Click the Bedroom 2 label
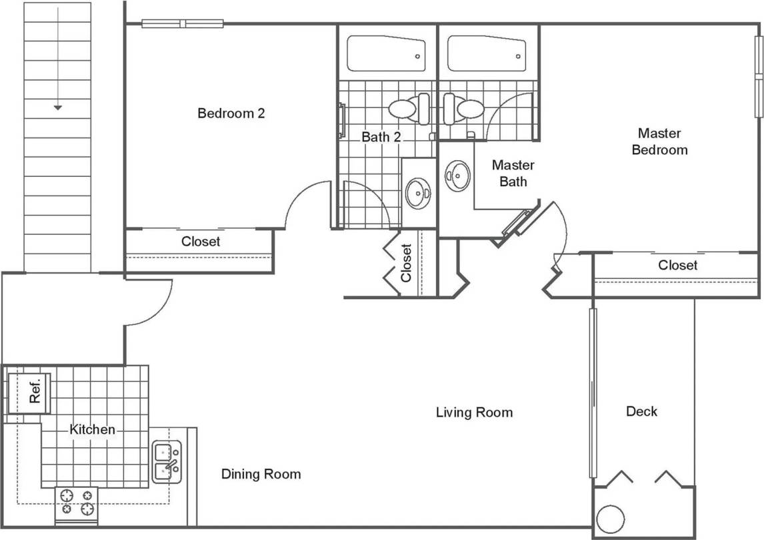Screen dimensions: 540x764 [x=231, y=113]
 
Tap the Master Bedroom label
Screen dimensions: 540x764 [x=659, y=142]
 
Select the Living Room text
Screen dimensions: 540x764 [x=474, y=412]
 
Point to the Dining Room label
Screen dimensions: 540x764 [x=261, y=474]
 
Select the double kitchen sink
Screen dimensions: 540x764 [x=165, y=461]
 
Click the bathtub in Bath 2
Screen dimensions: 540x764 [x=386, y=53]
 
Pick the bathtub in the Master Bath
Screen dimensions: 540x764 [x=487, y=53]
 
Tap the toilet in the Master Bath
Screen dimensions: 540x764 [x=463, y=108]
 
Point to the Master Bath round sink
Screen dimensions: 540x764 [x=457, y=176]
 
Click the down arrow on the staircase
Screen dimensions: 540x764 [x=58, y=106]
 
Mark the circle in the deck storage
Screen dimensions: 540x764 [x=610, y=518]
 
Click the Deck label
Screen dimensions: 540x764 [x=641, y=411]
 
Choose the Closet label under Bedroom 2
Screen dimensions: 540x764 [x=201, y=241]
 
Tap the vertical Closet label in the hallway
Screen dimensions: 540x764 [x=407, y=263]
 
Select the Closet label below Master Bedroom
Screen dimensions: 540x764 [x=677, y=265]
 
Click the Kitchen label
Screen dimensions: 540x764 [x=92, y=429]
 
